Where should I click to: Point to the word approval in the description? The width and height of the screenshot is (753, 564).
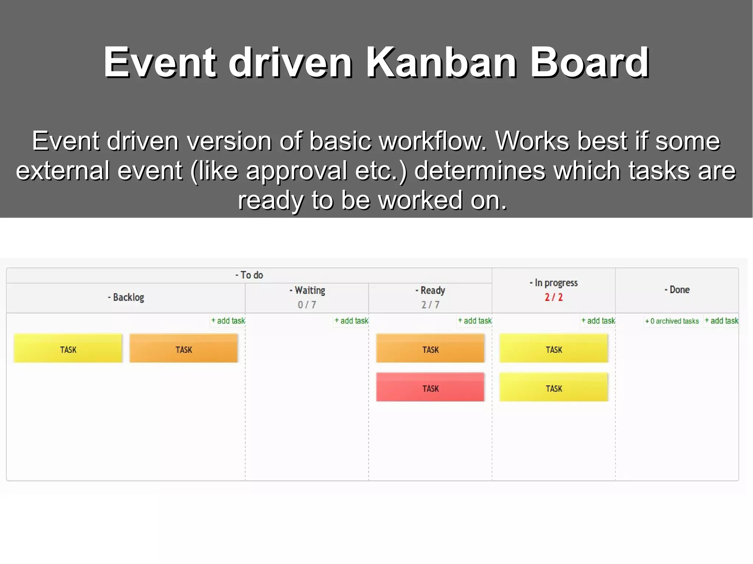(296, 171)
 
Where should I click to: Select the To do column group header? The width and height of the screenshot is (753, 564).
(249, 275)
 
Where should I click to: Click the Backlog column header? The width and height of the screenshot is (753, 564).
(126, 297)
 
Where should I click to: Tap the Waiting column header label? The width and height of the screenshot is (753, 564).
(307, 290)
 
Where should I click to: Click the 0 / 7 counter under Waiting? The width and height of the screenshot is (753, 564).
(307, 305)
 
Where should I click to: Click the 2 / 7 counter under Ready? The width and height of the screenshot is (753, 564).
(430, 305)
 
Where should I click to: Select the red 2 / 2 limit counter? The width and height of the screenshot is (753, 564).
(553, 297)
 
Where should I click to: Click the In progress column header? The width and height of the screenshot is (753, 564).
(554, 283)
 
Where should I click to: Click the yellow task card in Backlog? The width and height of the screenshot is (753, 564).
(68, 348)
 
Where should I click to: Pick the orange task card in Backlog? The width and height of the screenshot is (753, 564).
(183, 348)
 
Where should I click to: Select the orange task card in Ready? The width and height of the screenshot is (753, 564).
(430, 348)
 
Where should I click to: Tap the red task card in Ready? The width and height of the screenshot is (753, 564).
(430, 387)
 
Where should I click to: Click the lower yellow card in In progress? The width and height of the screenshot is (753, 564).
(553, 387)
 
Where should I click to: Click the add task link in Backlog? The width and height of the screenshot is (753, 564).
(228, 321)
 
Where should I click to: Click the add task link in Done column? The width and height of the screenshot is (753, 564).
(721, 321)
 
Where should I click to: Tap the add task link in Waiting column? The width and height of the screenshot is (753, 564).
(351, 321)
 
